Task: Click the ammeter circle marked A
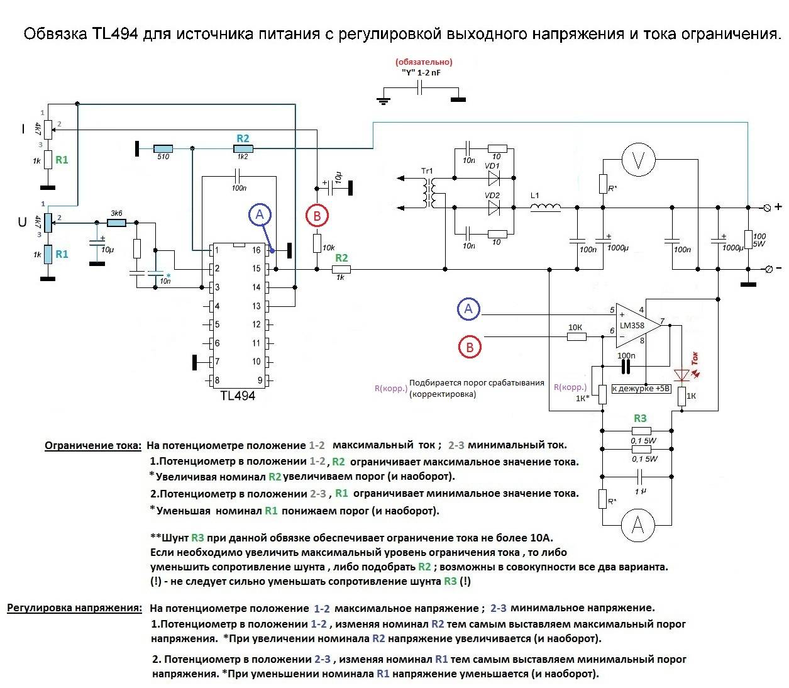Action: [x=637, y=525]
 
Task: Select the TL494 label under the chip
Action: [x=238, y=396]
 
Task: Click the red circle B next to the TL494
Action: [x=317, y=216]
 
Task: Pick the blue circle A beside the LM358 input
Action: [x=468, y=309]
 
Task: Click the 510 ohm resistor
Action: [x=163, y=148]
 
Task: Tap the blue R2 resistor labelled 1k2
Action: [x=243, y=148]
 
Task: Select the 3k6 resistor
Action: [x=116, y=223]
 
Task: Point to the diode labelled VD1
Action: [x=493, y=179]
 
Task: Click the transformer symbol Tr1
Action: [x=430, y=193]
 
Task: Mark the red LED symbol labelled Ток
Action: [x=682, y=375]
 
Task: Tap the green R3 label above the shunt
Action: [x=639, y=418]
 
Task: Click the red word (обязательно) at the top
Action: [x=424, y=62]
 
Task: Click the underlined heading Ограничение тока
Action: [x=93, y=446]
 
